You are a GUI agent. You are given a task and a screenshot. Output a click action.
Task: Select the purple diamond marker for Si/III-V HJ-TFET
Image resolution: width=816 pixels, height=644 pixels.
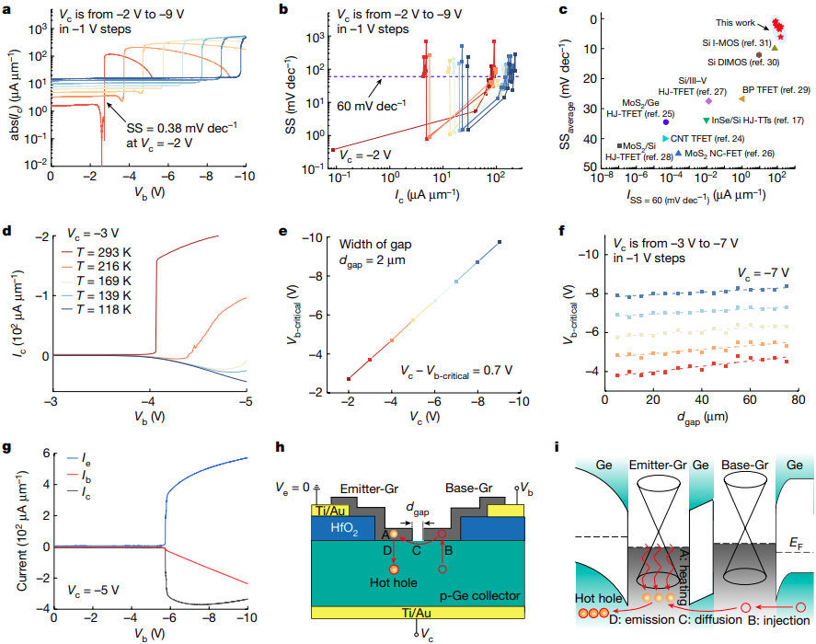pos(708,100)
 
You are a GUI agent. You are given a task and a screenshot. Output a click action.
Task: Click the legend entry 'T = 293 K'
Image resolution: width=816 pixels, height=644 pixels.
pos(97,250)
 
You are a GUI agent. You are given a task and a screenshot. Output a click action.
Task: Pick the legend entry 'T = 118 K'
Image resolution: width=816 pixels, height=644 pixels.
pos(97,310)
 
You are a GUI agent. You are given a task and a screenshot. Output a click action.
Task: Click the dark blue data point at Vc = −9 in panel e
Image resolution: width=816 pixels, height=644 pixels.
pos(500,242)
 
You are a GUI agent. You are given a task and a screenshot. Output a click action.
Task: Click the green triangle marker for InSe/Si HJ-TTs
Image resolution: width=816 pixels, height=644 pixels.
pos(706,121)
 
